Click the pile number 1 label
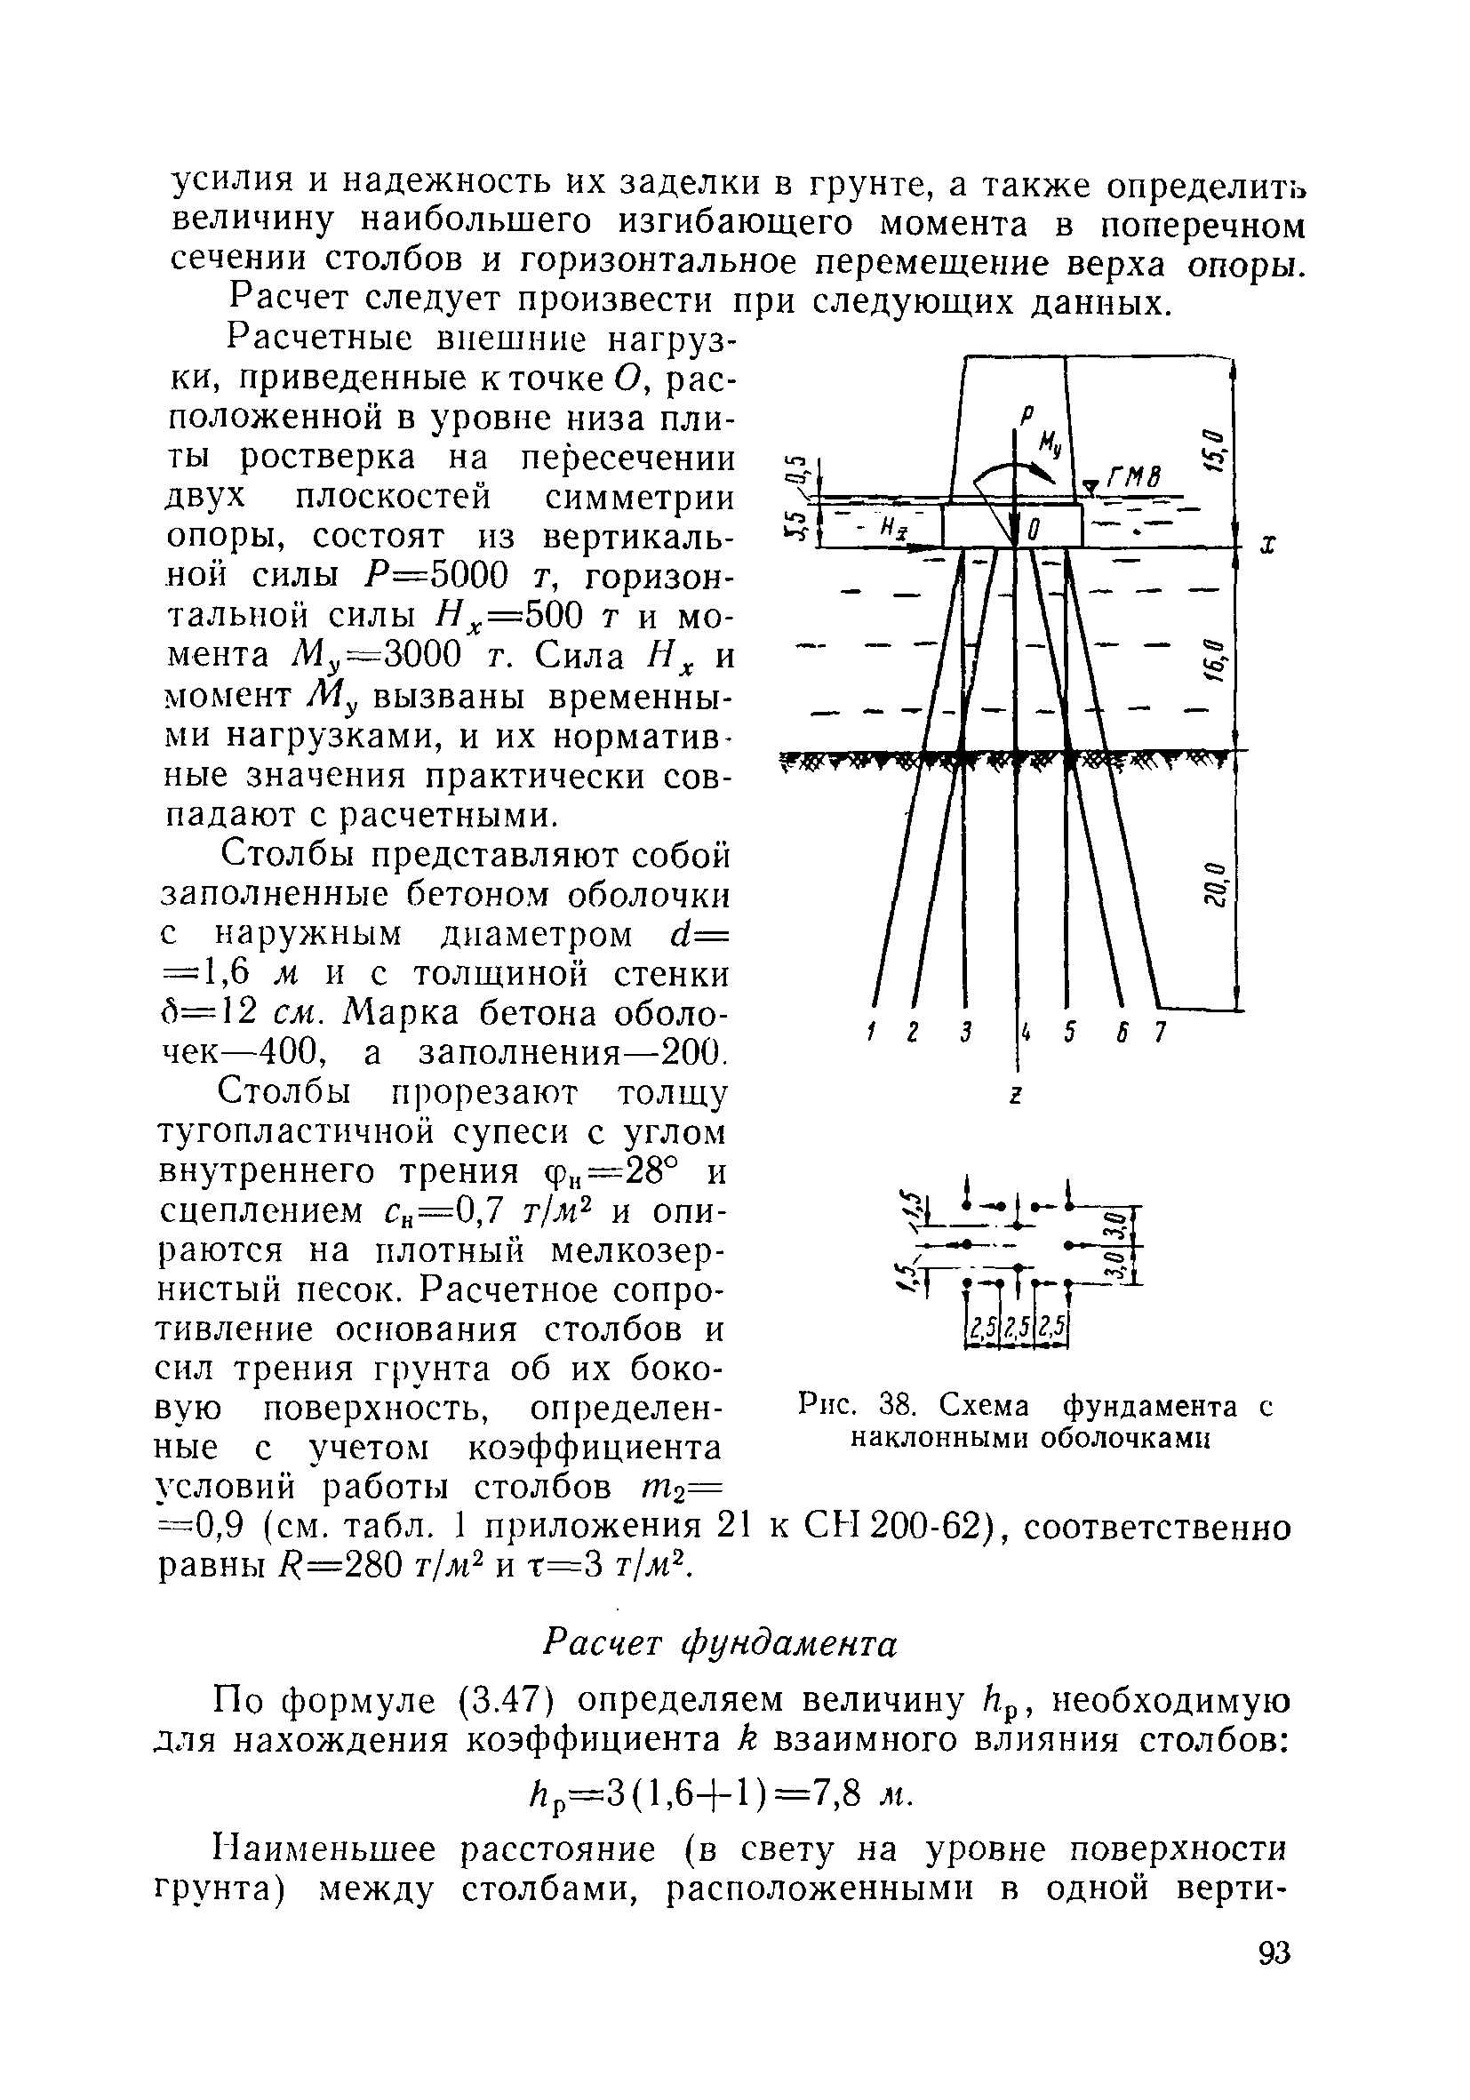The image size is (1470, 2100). pos(870,1033)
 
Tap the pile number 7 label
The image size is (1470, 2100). pos(1159,1033)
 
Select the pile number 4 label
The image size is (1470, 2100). pos(1027,1033)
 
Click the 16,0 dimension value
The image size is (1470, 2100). pos(1214,655)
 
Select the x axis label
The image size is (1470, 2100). pos(1268,546)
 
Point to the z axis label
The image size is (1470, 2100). pos(1015,1095)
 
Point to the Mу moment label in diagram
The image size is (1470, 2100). pos(1050,448)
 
